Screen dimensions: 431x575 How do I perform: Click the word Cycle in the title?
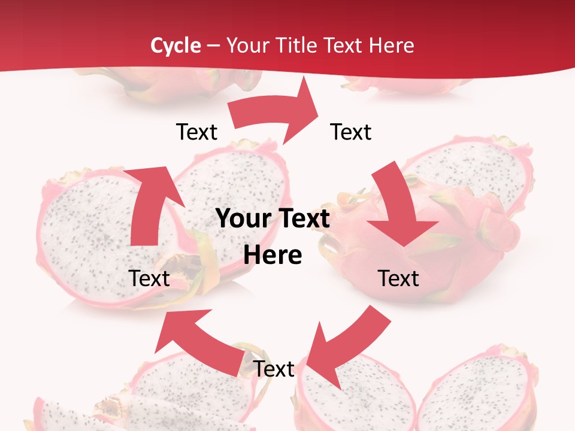pyautogui.click(x=175, y=45)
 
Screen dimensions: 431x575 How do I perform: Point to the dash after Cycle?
pyautogui.click(x=214, y=46)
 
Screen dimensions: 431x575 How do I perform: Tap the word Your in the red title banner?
pyautogui.click(x=246, y=45)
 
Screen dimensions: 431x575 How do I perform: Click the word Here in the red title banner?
pyautogui.click(x=392, y=45)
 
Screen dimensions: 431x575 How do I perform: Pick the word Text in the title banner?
pyautogui.click(x=345, y=45)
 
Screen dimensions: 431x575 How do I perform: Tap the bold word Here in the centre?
pyautogui.click(x=273, y=255)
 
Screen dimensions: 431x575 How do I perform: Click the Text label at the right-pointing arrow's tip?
pyautogui.click(x=351, y=132)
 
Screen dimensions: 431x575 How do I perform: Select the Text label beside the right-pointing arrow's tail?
pyautogui.click(x=196, y=132)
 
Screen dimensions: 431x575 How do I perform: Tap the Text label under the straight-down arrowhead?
pyautogui.click(x=398, y=278)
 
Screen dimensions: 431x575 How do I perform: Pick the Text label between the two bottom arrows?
pyautogui.click(x=274, y=369)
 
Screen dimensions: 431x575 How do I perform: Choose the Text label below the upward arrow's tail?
pyautogui.click(x=149, y=278)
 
